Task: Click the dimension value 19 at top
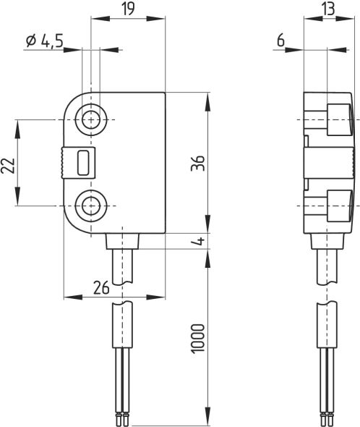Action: (x=127, y=9)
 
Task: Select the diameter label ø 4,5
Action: (x=44, y=42)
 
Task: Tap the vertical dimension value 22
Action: (x=8, y=166)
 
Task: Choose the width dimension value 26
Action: (x=100, y=287)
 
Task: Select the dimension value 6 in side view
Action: (x=280, y=42)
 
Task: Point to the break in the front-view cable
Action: (x=124, y=292)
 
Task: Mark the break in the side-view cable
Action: (x=327, y=292)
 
